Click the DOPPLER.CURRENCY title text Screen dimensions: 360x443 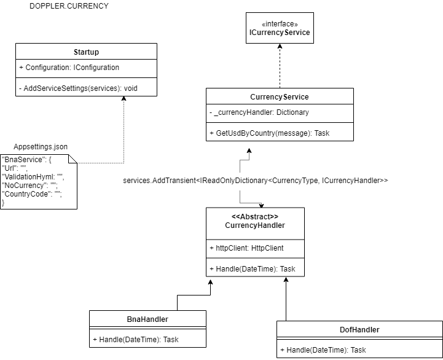[69, 6]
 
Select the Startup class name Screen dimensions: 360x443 [86, 52]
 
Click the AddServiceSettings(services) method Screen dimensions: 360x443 [78, 88]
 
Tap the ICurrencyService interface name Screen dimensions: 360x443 [280, 33]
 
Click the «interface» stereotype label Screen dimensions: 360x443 [280, 23]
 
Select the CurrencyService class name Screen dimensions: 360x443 [280, 97]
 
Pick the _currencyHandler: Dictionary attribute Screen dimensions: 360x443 [261, 112]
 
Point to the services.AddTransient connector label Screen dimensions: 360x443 [256, 181]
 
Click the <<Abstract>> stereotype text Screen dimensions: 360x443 [254, 216]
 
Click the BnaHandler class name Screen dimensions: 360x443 [147, 319]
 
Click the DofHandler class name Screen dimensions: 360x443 [359, 330]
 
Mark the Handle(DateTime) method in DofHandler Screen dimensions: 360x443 [323, 350]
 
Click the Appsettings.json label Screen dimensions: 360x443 [41, 147]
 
